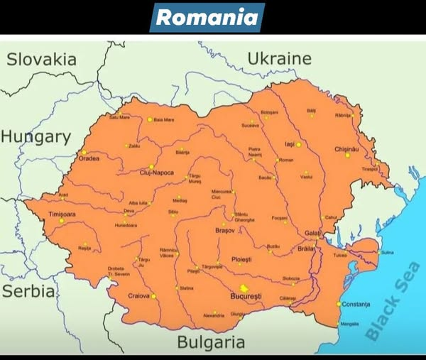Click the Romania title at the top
point(207,17)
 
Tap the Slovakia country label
point(41,60)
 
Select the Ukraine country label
point(279,58)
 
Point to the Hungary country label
point(35,137)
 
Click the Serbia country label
point(28,291)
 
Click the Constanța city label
point(356,305)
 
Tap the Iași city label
point(289,144)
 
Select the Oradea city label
point(89,158)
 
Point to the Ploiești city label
point(241,259)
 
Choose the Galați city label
point(311,233)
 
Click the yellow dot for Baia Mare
point(150,119)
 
